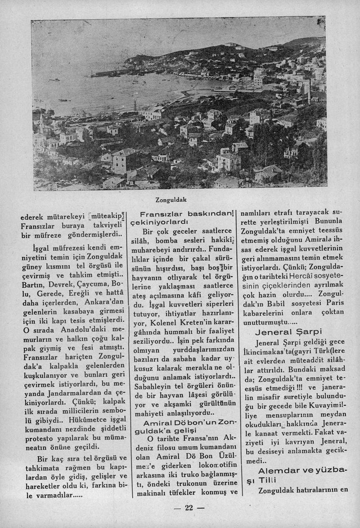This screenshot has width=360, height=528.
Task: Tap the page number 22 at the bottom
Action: tap(188, 508)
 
